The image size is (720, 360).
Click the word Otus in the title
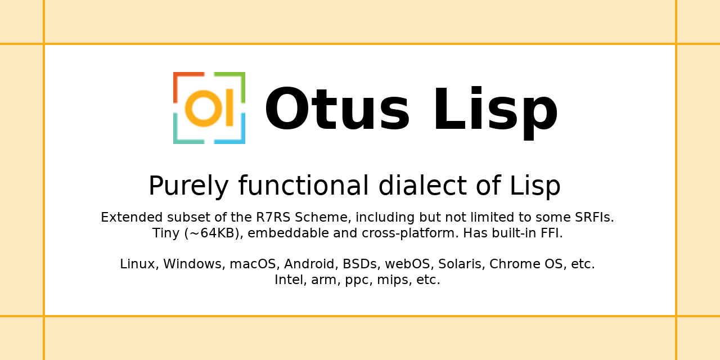coord(337,109)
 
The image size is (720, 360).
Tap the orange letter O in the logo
coord(204,109)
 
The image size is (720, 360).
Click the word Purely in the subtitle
coord(188,186)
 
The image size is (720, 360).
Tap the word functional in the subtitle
coord(303,186)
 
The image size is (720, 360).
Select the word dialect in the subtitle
coord(422,186)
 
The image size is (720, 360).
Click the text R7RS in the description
coord(273,217)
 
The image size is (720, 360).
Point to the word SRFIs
coord(595,217)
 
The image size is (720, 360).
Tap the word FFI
coord(552,233)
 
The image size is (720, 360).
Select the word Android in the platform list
coord(311,264)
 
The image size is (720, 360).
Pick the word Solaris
coord(462,264)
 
